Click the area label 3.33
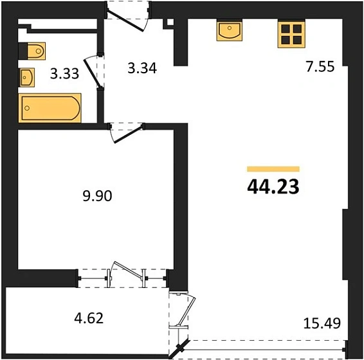click(x=64, y=73)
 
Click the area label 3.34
click(x=143, y=67)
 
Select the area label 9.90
click(x=98, y=196)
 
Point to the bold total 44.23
click(x=273, y=186)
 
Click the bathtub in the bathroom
click(x=50, y=109)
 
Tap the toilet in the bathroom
click(x=36, y=50)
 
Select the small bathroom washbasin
click(x=27, y=78)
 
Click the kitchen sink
click(x=230, y=30)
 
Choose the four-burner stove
click(x=290, y=33)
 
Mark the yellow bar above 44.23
click(x=273, y=169)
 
